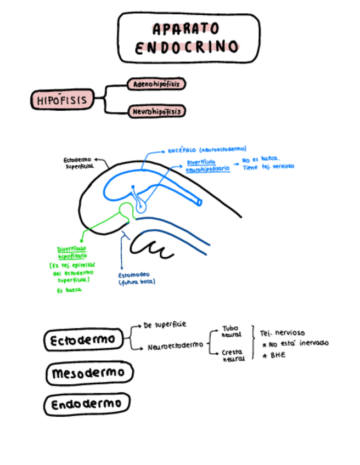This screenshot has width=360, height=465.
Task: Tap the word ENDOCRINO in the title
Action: click(x=187, y=47)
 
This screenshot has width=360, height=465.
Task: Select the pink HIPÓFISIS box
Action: click(x=61, y=100)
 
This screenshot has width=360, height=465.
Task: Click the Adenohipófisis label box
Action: click(x=156, y=84)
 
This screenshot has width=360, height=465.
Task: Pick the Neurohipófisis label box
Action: click(x=156, y=112)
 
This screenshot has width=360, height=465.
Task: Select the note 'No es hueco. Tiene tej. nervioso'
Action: click(x=268, y=163)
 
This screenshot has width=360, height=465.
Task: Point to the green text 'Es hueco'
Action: click(x=70, y=290)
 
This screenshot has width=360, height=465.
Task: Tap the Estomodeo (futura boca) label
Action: click(x=137, y=278)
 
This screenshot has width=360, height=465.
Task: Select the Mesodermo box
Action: click(x=89, y=373)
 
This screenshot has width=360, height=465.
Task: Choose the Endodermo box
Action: click(x=87, y=405)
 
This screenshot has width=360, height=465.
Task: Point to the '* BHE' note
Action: click(x=274, y=355)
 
